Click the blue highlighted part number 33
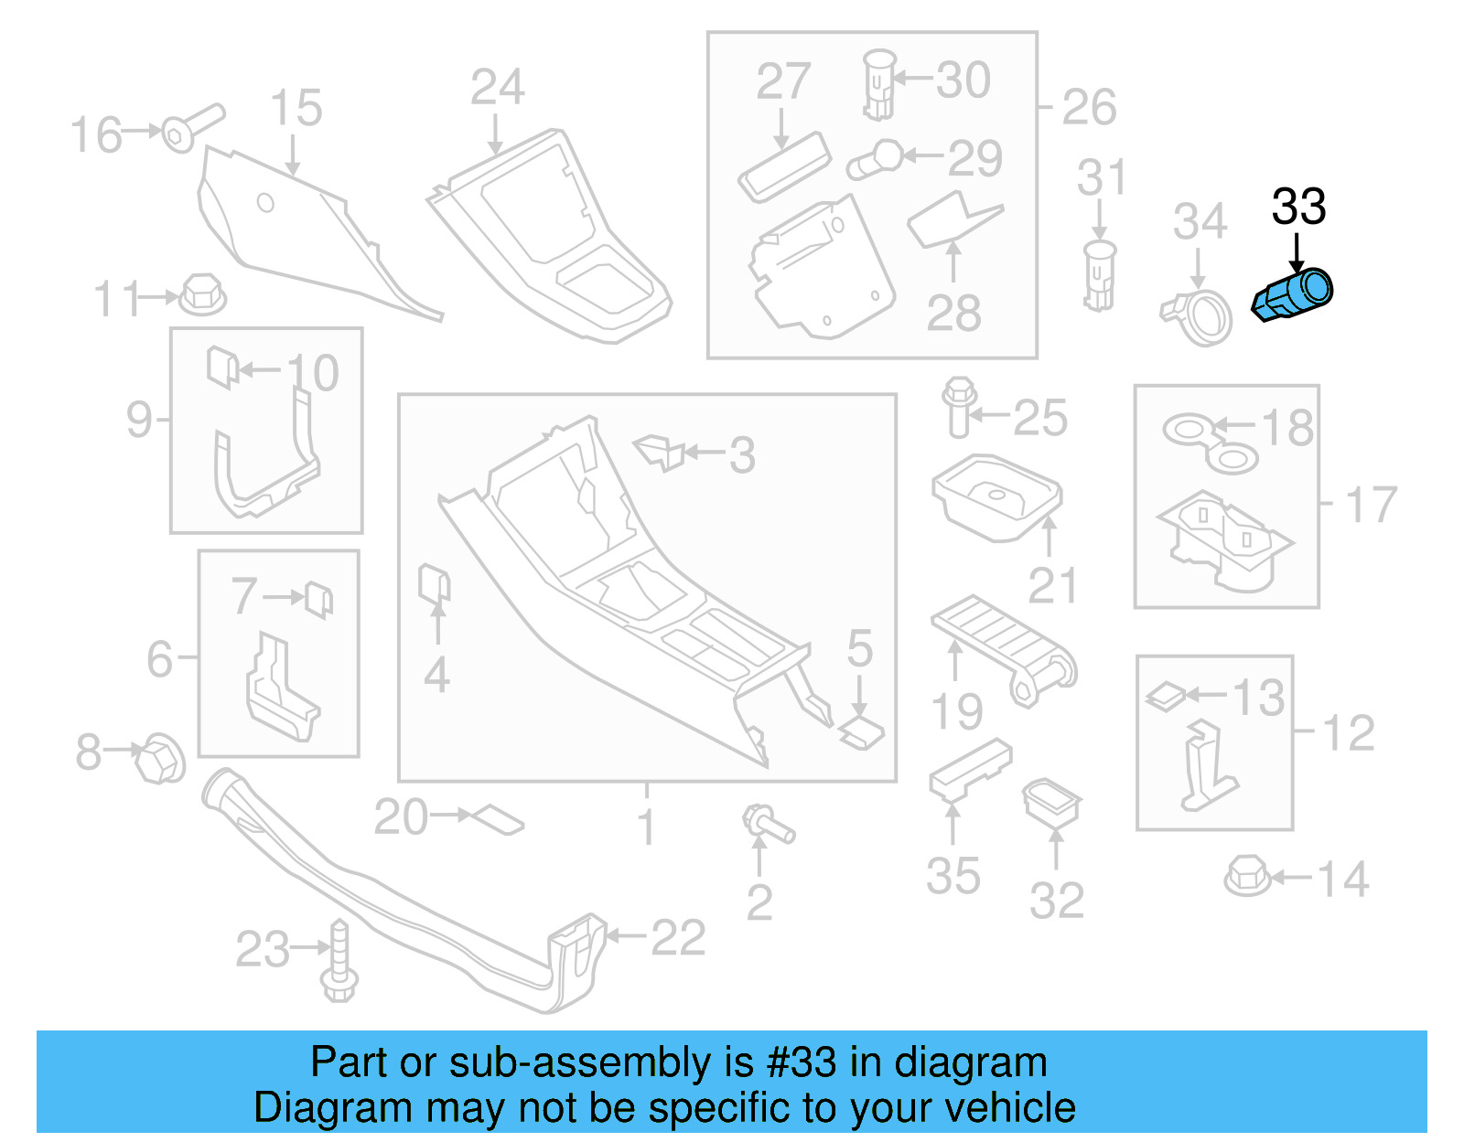pos(1292,294)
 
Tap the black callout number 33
pos(1297,208)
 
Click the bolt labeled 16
pos(189,129)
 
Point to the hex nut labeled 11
pos(202,294)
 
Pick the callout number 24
pos(497,88)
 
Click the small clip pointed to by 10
pos(222,367)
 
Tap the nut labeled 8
pos(159,758)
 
